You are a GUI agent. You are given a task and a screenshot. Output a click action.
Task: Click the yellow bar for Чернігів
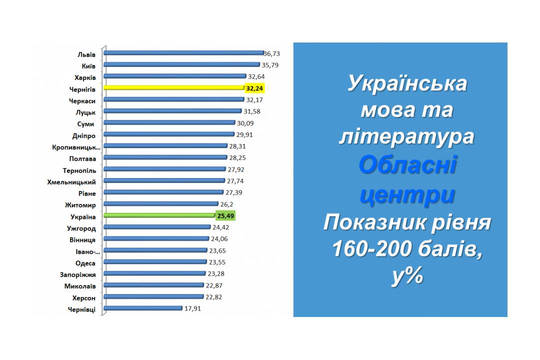[x=174, y=88]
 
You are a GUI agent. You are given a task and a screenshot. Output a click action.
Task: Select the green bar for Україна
[x=159, y=215]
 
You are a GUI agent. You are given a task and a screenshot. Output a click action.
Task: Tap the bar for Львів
[x=184, y=53]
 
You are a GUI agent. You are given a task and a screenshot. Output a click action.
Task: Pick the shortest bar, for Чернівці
[x=143, y=308]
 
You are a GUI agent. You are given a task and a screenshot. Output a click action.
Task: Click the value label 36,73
[x=271, y=53]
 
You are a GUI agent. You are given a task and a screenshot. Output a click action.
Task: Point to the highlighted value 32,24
[x=254, y=88]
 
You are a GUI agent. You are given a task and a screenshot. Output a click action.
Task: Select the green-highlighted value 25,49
[x=225, y=216]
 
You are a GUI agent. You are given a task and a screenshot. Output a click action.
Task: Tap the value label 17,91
[x=192, y=308]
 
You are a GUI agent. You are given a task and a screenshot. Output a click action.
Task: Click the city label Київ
[x=88, y=66]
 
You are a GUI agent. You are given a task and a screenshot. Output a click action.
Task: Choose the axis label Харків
[x=85, y=77]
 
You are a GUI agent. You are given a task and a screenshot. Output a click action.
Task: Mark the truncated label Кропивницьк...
[x=76, y=147]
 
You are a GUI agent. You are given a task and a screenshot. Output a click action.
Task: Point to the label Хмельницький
[x=71, y=182]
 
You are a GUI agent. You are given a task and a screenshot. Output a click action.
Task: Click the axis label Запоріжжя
[x=78, y=274]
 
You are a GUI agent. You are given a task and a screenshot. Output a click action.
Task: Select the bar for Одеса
[x=155, y=262]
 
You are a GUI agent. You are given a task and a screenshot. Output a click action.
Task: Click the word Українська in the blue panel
[x=407, y=83]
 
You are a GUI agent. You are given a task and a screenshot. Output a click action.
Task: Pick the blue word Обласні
[x=408, y=164]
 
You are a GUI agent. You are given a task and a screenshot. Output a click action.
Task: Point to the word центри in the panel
[x=407, y=195]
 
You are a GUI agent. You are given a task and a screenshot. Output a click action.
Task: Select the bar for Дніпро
[x=169, y=134]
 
